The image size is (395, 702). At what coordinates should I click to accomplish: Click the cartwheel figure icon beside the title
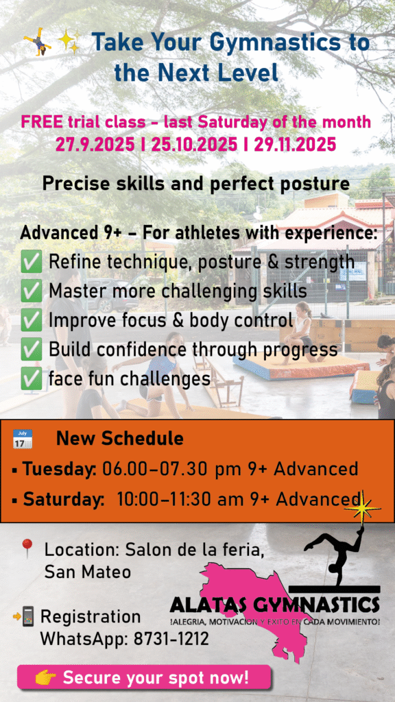pos(38,41)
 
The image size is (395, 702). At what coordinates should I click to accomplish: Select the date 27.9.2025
pos(95,145)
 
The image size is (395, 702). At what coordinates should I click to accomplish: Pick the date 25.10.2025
pos(194,145)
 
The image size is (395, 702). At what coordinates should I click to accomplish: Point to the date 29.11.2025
pos(295,145)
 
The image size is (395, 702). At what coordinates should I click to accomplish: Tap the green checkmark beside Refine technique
pos(32,262)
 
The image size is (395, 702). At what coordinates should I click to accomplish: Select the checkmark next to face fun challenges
pos(32,379)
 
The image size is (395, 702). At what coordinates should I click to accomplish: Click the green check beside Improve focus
pos(32,321)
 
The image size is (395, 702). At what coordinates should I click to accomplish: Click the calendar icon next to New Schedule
pos(23,439)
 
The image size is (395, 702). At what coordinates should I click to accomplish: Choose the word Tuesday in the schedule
pos(59,470)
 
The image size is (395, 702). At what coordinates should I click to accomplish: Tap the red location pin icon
pos(27,548)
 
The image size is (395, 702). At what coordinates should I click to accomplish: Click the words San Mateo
pos(88,572)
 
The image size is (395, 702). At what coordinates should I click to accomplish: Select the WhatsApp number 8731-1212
pos(171,639)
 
